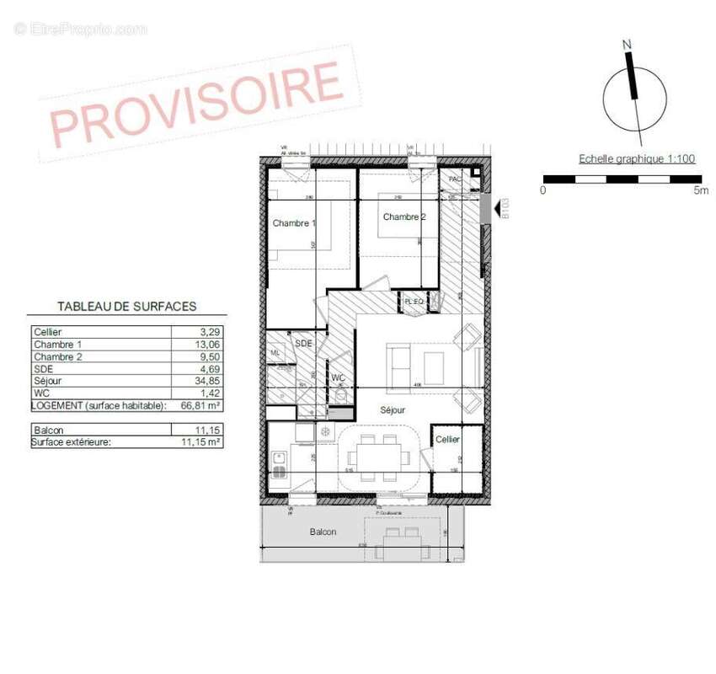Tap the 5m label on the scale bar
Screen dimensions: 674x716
700,190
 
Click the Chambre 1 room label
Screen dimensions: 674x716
293,223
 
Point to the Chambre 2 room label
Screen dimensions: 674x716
404,217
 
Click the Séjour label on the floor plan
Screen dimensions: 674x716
392,410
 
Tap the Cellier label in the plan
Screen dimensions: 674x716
447,440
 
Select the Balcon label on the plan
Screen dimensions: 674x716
323,532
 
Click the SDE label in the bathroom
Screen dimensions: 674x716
303,344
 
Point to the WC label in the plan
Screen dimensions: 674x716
339,377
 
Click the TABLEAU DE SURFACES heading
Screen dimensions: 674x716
126,307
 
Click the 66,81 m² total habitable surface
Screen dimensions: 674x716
200,405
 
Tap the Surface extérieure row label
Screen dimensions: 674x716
71,441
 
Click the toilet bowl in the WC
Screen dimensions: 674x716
340,394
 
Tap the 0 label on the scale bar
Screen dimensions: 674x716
542,190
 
